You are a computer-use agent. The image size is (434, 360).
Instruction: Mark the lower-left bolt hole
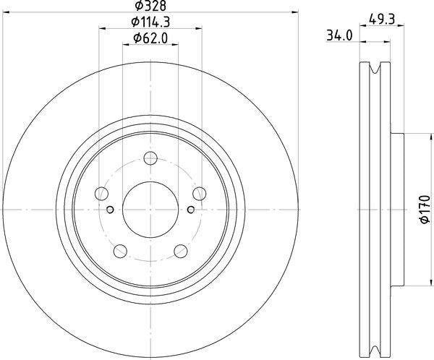[121, 251]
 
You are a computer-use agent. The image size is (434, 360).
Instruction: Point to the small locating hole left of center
[110, 210]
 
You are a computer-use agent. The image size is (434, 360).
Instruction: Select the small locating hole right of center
[191, 210]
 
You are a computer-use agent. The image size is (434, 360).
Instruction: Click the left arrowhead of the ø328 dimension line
[4, 12]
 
